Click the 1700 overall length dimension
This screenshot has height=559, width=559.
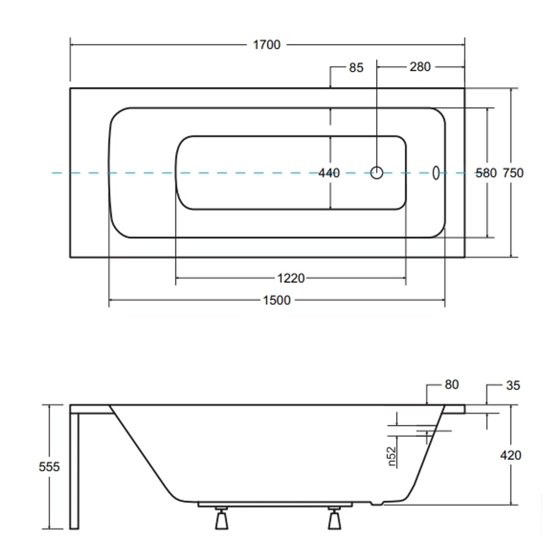coord(266,45)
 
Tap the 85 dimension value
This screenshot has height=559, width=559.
coord(356,68)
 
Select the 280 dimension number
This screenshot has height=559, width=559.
coord(420,67)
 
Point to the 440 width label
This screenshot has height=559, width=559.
coord(329,173)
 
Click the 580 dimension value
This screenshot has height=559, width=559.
coord(486,173)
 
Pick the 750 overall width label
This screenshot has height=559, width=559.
coord(513,173)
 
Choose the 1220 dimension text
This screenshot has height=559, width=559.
coord(291,278)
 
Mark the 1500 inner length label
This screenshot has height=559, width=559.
coord(277,300)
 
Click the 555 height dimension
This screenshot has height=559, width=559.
coord(49,467)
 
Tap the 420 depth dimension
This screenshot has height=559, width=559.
coord(511,455)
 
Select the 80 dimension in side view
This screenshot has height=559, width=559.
coord(451,385)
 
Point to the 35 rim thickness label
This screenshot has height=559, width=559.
coord(513,385)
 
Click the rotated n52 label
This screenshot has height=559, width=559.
coord(391,457)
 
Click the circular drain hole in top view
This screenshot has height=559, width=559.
coord(377,173)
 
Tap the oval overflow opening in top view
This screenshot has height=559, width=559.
coord(436,173)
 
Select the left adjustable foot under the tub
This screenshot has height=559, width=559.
coord(221,519)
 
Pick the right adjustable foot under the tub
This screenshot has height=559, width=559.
coord(334,519)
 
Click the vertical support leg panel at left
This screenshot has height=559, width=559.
coord(74,470)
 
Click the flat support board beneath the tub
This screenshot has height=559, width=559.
coord(275,505)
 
